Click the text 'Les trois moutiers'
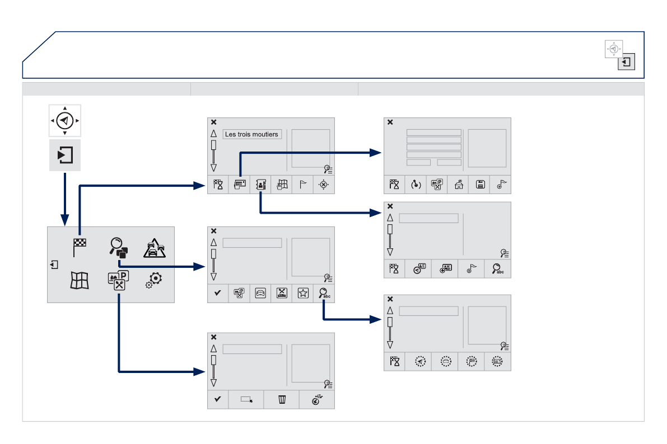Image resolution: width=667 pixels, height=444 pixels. [251, 134]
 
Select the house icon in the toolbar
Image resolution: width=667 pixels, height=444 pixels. [458, 185]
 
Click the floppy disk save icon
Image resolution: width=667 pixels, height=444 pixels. [479, 185]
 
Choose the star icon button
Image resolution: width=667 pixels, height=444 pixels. [302, 293]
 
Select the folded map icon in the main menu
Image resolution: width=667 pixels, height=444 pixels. [79, 280]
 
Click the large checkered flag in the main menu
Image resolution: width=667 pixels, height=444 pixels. [79, 247]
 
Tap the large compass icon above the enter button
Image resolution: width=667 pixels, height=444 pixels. [65, 120]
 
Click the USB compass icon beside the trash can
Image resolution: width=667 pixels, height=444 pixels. [317, 399]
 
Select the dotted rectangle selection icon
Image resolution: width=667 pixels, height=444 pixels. [246, 399]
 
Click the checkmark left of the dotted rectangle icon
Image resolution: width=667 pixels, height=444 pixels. [218, 399]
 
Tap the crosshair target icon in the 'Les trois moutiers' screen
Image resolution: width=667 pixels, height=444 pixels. [323, 185]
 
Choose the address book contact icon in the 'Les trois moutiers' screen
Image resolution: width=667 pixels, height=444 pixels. [260, 185]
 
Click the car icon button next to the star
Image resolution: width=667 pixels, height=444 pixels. [260, 293]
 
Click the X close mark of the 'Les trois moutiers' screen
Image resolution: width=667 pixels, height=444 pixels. [213, 122]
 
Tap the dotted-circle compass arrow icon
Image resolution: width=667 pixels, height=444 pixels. [420, 362]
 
